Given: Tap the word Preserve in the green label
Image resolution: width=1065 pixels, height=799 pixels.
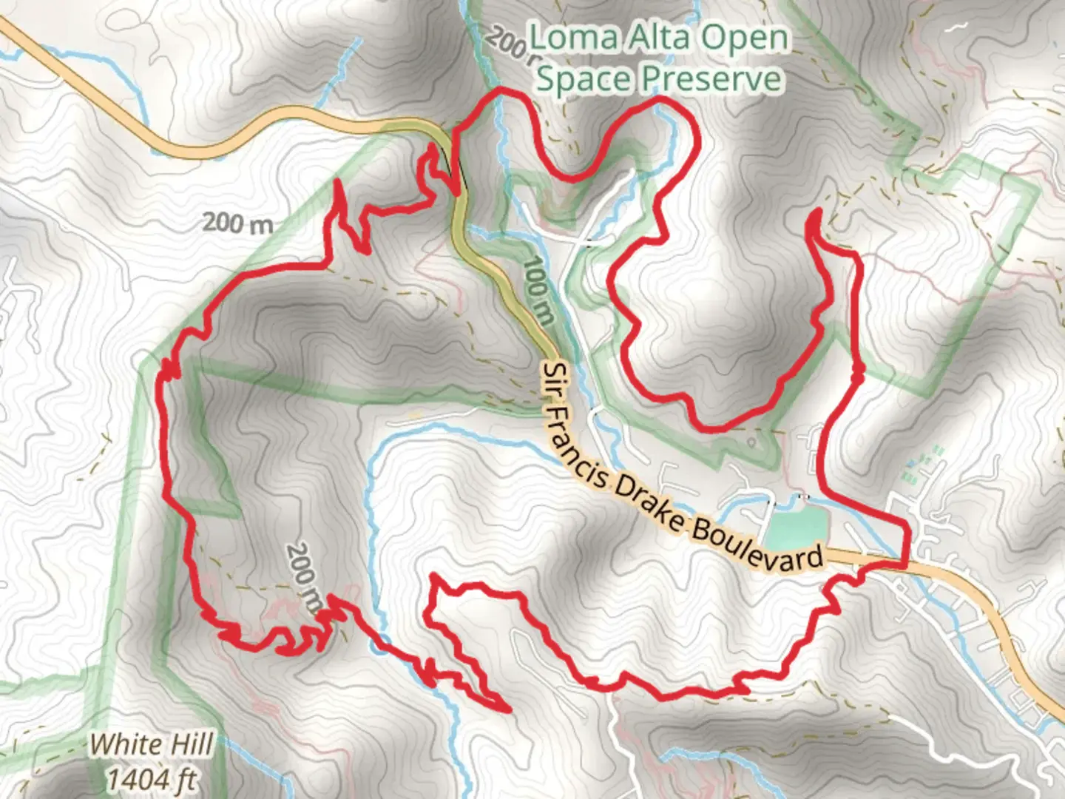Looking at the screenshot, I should tap(710, 79).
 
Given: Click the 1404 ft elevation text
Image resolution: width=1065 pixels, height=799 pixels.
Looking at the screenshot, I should tap(152, 778).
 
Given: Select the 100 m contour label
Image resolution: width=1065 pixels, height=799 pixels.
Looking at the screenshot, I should tap(539, 291).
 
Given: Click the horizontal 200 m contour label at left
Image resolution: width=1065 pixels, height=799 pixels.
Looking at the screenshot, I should tap(237, 222).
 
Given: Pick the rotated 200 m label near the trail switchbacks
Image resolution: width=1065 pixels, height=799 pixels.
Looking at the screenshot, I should tap(304, 578).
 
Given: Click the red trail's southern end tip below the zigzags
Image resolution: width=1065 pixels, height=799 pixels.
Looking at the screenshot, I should tap(509, 710).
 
